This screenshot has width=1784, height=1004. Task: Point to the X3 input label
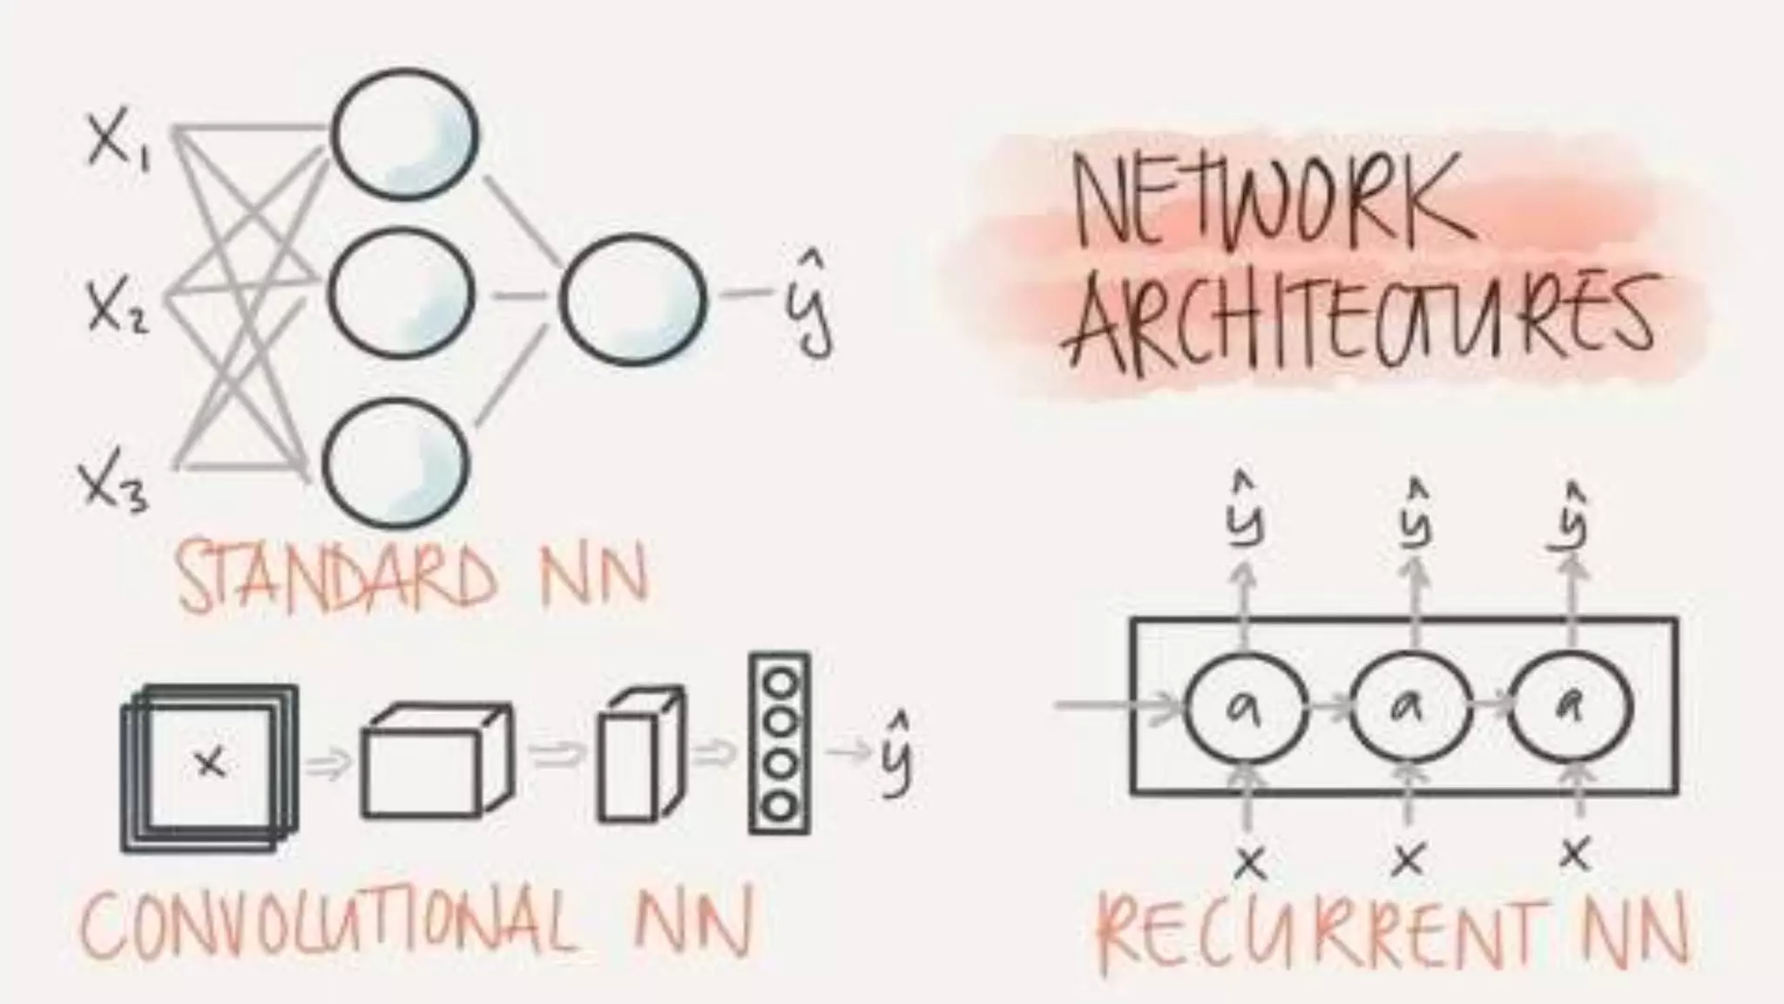tap(113, 485)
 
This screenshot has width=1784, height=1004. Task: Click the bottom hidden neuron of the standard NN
tap(396, 462)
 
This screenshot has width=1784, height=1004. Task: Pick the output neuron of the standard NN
tap(632, 296)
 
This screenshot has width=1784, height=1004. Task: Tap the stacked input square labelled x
tap(209, 767)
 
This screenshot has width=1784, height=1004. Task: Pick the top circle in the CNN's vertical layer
tap(780, 683)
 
